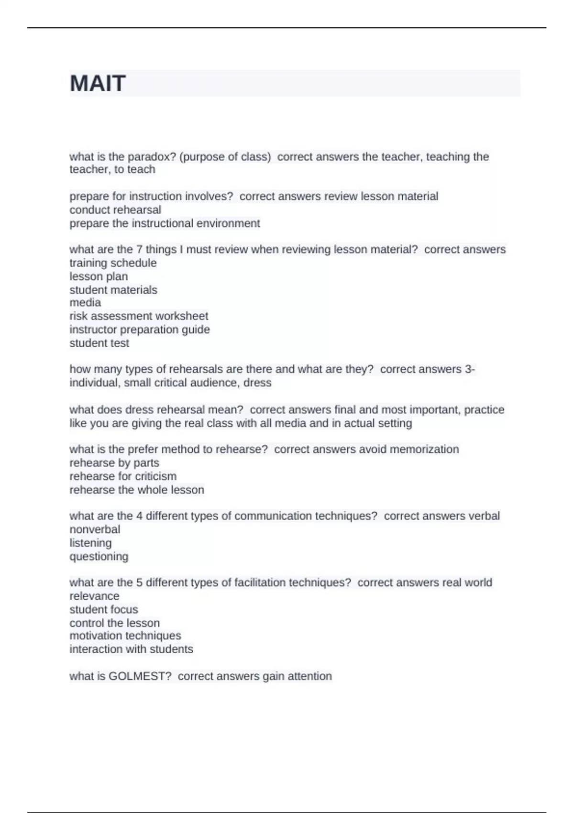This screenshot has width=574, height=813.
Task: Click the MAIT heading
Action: click(x=98, y=84)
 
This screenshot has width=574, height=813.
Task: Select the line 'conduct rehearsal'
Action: click(x=115, y=210)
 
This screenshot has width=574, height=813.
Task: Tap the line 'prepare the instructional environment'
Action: click(x=165, y=223)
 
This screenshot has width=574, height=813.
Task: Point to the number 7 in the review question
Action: click(x=139, y=250)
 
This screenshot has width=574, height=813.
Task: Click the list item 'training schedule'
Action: click(x=113, y=263)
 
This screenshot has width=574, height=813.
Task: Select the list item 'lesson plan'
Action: click(x=99, y=276)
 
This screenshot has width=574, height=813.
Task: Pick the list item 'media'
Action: click(x=85, y=303)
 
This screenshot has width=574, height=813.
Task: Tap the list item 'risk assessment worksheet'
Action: click(x=139, y=316)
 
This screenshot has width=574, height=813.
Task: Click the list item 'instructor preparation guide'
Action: click(x=139, y=330)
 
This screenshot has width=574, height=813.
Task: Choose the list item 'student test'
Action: click(x=99, y=343)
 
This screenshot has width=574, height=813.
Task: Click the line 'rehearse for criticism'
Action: click(x=123, y=476)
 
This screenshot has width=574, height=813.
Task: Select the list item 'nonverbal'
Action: click(x=95, y=529)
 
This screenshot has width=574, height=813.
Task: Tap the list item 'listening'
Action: click(x=90, y=543)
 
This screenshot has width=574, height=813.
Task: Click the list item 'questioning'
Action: click(x=99, y=557)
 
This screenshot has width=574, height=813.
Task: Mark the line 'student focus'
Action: click(x=103, y=610)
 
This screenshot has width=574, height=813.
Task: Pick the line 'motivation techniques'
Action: click(x=125, y=636)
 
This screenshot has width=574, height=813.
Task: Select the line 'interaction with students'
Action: click(x=131, y=649)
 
